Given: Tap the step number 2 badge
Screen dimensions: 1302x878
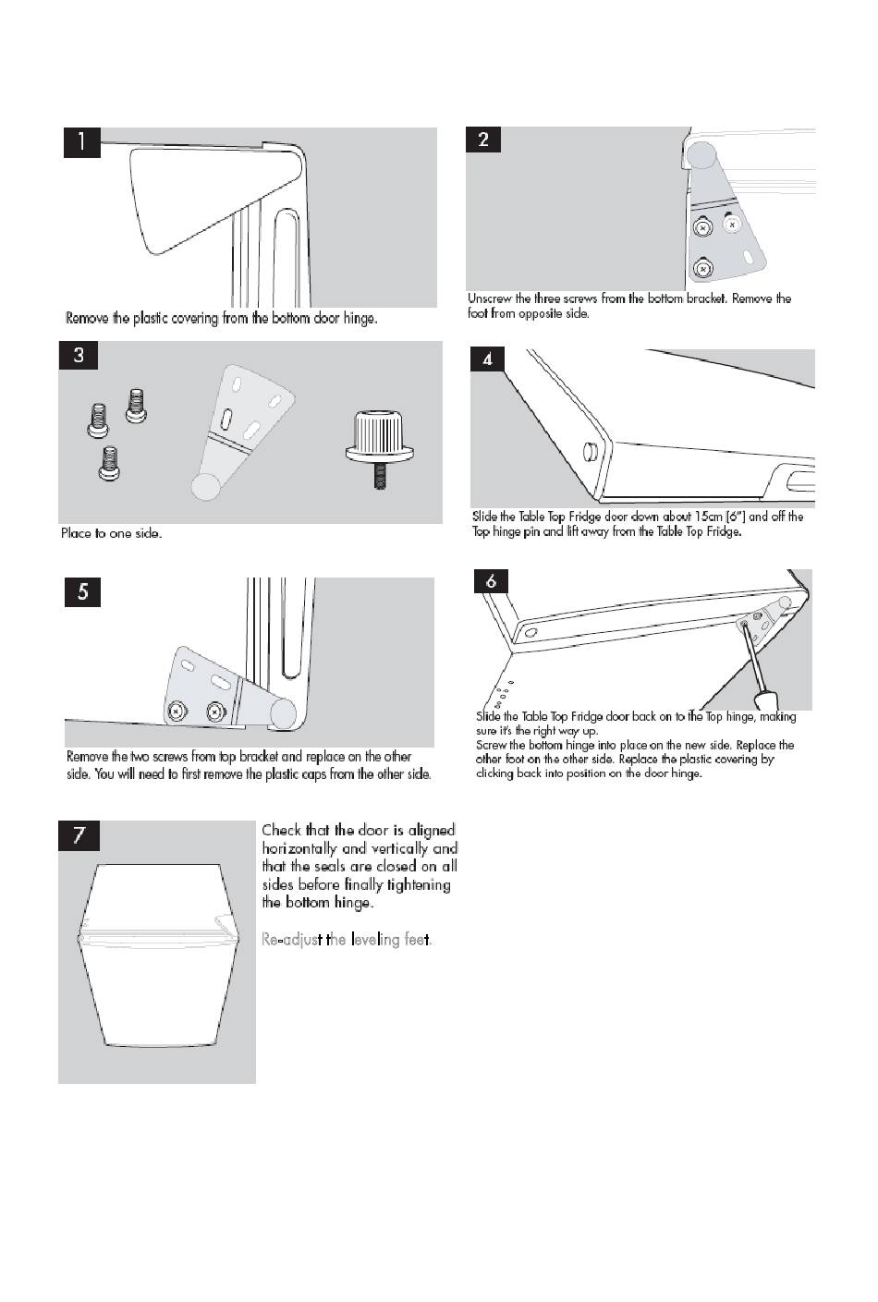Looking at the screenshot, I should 483,140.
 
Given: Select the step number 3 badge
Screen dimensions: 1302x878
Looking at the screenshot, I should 78,355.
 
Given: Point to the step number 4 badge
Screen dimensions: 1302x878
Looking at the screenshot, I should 487,359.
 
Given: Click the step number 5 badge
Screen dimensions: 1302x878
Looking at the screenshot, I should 82,591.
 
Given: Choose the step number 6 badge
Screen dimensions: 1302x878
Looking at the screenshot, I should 491,580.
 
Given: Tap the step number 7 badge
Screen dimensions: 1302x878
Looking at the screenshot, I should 79,835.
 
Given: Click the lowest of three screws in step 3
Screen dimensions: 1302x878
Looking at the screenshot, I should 110,463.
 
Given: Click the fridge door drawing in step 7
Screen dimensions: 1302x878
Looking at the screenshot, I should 156,955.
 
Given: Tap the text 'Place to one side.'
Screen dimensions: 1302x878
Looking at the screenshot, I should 111,533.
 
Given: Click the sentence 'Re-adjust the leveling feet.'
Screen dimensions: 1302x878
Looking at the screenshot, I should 347,940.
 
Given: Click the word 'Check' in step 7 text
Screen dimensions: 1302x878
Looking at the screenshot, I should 281,830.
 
